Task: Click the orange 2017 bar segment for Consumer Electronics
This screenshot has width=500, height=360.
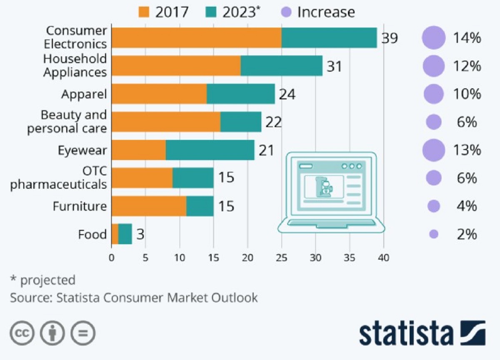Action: tap(196, 38)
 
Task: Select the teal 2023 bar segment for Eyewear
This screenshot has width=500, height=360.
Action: tap(210, 150)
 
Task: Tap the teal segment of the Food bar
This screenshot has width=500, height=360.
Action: tap(125, 234)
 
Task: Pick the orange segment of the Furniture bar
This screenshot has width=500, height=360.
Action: tap(149, 206)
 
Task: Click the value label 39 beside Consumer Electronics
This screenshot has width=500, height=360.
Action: tap(390, 38)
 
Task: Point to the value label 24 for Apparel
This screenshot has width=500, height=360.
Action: tap(287, 95)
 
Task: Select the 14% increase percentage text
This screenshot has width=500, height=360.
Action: tap(467, 38)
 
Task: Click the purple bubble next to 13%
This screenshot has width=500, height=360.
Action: tap(433, 150)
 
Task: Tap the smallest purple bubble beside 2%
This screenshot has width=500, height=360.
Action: tap(434, 235)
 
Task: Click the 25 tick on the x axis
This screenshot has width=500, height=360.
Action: tap(282, 258)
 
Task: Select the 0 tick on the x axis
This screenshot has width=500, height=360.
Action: tap(112, 258)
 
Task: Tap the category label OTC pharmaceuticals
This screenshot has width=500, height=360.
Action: tap(58, 178)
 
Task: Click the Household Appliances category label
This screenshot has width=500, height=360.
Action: tap(75, 66)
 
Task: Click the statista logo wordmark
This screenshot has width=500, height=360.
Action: tap(406, 334)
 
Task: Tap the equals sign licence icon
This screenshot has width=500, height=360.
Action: tap(83, 333)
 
